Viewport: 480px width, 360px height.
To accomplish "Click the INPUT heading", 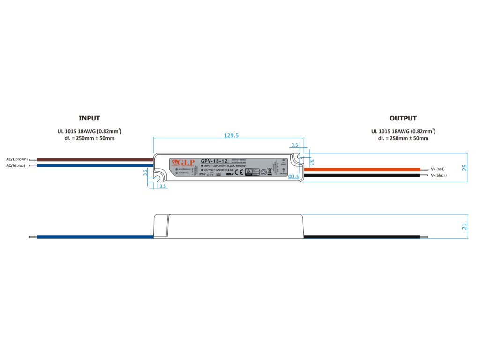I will (x=89, y=118).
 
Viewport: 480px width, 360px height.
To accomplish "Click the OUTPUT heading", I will (x=403, y=118).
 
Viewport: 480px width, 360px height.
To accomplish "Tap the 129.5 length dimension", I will (x=232, y=135).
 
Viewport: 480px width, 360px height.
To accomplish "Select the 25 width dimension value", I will (x=465, y=167).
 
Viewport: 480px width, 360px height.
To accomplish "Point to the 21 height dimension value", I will (x=465, y=227).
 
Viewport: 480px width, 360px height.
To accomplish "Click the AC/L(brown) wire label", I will (x=17, y=159).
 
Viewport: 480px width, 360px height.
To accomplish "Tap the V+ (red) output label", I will (x=437, y=169).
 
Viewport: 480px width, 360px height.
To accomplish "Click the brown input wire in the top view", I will (x=94, y=159).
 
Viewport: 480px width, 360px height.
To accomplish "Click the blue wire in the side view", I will (x=94, y=237).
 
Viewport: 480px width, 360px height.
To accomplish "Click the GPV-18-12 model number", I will (x=214, y=161).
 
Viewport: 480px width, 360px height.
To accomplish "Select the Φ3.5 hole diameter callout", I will (x=293, y=176).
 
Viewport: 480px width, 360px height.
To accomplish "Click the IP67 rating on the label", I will (x=202, y=173).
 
